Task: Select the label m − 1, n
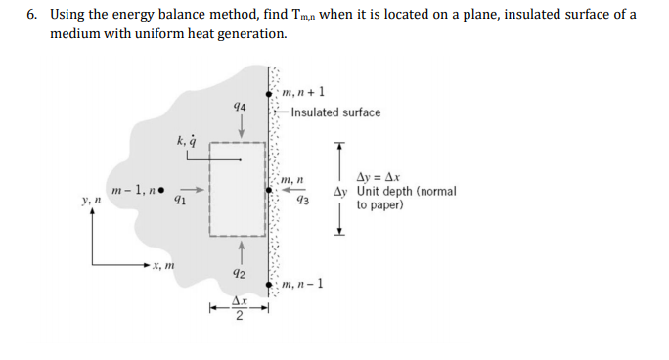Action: pos(133,189)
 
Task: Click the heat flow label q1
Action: pos(179,202)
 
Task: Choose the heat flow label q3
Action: pos(302,201)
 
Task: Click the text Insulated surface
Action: pos(335,112)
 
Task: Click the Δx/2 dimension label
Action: pos(237,311)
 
